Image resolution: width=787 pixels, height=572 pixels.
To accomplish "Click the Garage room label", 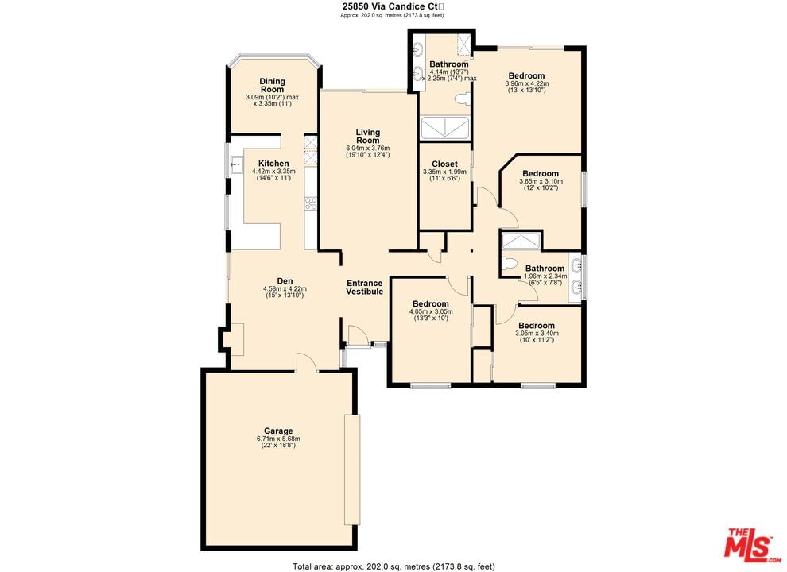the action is point(278,431).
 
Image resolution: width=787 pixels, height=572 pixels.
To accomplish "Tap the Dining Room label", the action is point(272,85).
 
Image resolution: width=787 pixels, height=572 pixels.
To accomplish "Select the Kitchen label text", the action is point(273,164).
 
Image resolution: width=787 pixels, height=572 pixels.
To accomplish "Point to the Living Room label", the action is point(368,137).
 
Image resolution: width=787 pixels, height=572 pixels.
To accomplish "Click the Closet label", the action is point(444,164).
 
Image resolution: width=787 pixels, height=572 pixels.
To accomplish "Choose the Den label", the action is point(285,281).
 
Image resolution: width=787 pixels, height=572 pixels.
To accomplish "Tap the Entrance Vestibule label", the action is point(364,288).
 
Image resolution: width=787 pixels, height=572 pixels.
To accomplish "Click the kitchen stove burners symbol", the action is point(311,203).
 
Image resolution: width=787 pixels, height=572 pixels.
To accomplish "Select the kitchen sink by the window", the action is point(236,164).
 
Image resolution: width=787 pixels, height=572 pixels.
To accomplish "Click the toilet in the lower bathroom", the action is point(509,264).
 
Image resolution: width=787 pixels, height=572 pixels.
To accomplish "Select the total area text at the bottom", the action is point(393,566).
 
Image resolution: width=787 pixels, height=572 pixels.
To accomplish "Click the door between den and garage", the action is point(307,362).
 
